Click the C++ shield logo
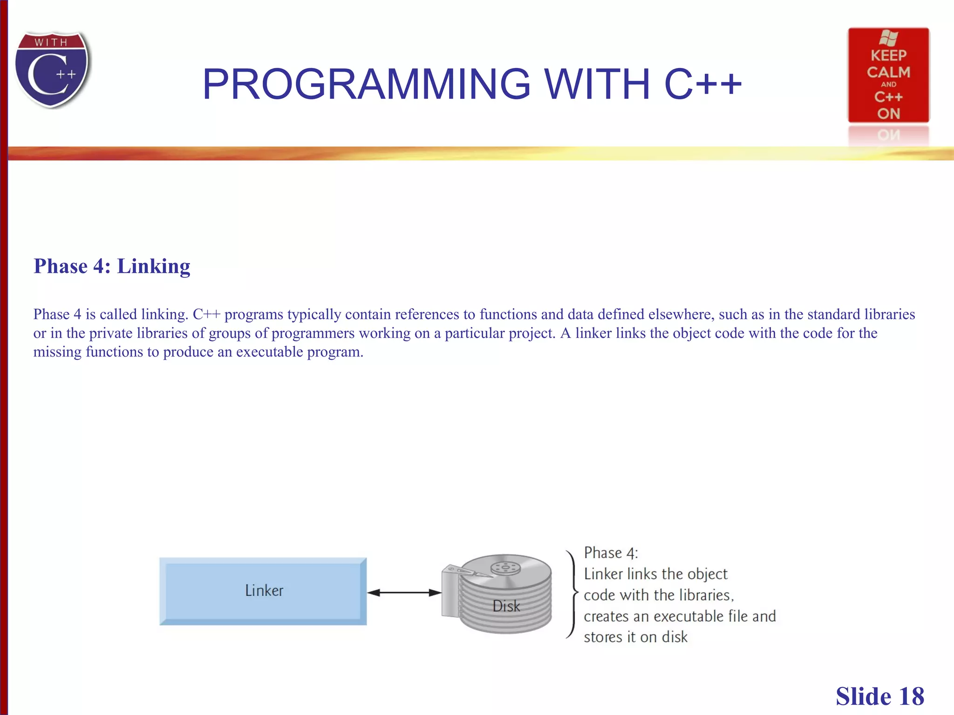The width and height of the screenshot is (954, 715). coord(52,70)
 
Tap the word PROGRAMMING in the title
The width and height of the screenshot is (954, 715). coord(366,84)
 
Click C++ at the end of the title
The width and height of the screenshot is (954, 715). coord(702,84)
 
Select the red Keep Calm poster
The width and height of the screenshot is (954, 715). coord(888,75)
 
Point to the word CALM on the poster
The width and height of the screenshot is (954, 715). coord(888,72)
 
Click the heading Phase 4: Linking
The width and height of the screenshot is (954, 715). coord(112,266)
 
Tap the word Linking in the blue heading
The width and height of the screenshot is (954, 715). coord(153,266)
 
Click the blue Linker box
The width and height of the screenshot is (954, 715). coord(263,591)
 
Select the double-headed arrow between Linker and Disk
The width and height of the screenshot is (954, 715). coord(404,593)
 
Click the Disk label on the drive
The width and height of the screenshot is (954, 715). coord(506,606)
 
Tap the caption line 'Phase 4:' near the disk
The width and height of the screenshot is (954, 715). coord(611,553)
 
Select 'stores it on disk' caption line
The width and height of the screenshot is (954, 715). coord(635,637)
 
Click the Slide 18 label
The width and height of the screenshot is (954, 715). coord(879,696)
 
